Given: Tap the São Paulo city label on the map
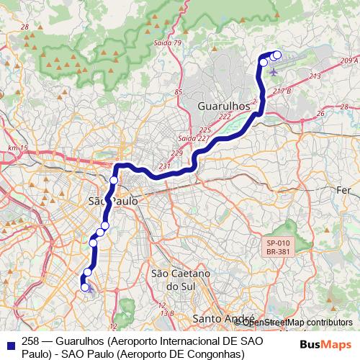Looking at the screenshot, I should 112,202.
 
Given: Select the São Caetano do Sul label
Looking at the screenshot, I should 180,280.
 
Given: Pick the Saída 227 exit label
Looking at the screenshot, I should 193,138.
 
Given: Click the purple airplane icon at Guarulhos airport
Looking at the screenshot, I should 274,71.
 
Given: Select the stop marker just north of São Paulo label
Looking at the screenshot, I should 114,180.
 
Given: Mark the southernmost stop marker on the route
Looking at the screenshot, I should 85,287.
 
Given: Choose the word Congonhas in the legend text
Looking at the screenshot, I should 219,353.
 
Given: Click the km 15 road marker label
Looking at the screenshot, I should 17,148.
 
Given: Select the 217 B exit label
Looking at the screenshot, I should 282,91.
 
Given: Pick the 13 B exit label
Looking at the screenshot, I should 167,313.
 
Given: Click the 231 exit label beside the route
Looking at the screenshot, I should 165,166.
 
